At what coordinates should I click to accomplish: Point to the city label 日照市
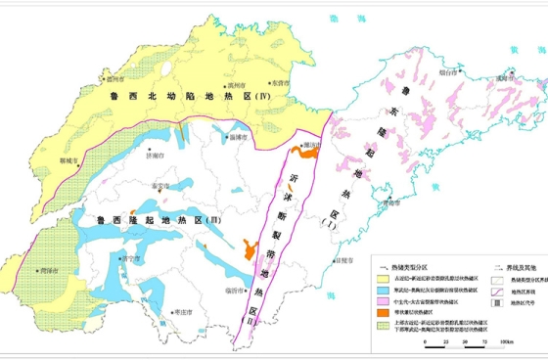tap(342, 261)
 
